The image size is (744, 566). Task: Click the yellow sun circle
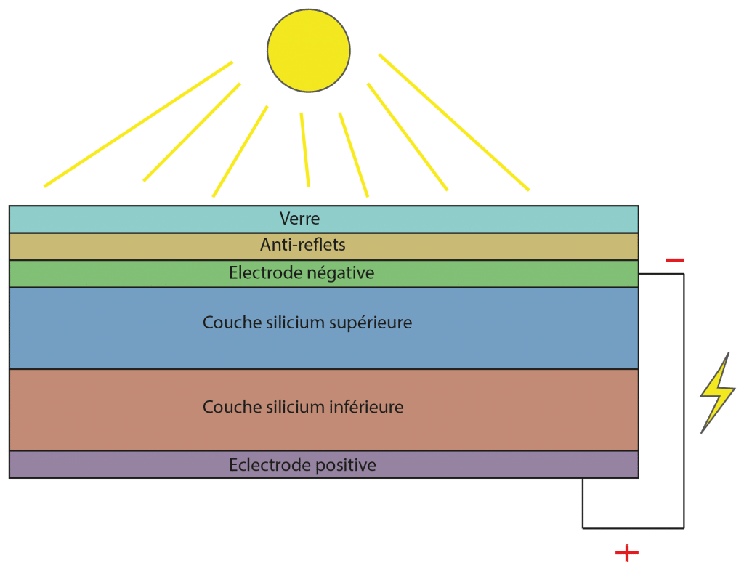[308, 49]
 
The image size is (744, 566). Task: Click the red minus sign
[674, 260]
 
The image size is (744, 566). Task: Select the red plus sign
[627, 554]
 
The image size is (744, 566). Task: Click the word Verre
[299, 218]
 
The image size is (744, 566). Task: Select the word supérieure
[370, 323]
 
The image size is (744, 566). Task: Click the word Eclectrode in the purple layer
[263, 465]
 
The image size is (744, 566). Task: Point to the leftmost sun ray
[138, 124]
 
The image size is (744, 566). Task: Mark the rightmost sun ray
[454, 123]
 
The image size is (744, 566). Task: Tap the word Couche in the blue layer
[226, 323]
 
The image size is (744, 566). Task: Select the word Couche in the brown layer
[226, 407]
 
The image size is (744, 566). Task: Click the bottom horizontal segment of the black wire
[632, 528]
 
